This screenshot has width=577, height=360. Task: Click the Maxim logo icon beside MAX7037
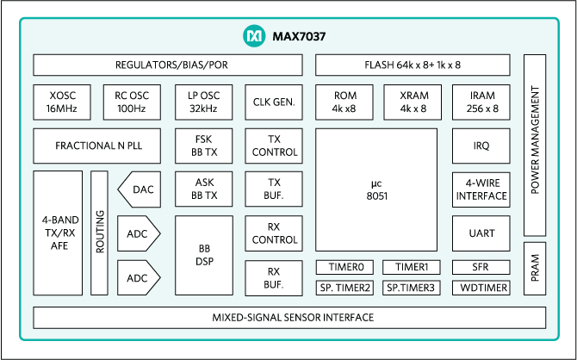(253, 37)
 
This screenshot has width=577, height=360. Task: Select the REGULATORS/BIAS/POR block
(168, 65)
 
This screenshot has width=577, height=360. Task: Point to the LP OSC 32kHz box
(203, 102)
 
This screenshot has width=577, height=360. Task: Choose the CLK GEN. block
(275, 102)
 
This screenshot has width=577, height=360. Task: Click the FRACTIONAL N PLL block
(99, 146)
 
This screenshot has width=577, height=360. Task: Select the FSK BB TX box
(203, 146)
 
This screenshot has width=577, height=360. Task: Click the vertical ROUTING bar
(99, 233)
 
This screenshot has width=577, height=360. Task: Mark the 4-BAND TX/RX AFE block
(59, 233)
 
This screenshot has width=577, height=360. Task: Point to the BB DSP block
(203, 254)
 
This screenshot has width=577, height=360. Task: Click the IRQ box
(481, 146)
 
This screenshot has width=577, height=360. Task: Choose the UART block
(481, 233)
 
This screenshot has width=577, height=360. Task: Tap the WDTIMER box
(481, 287)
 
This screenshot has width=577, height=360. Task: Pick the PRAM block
(534, 267)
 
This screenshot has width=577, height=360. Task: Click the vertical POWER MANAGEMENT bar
(534, 145)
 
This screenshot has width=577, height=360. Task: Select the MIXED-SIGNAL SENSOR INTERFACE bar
(293, 317)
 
